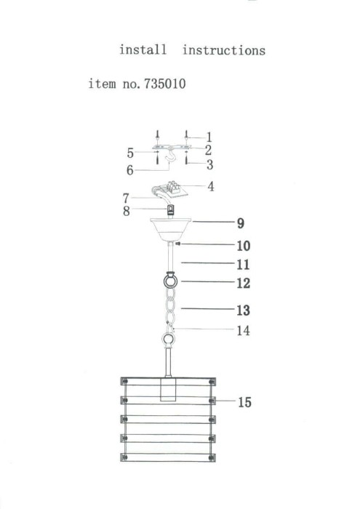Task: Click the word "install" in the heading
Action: pyautogui.click(x=143, y=50)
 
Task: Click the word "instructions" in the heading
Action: pyautogui.click(x=223, y=50)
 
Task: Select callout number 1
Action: pyautogui.click(x=209, y=137)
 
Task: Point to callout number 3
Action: pyautogui.click(x=209, y=165)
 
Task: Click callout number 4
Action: pyautogui.click(x=211, y=186)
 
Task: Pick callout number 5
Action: pyautogui.click(x=130, y=153)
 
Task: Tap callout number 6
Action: pyautogui.click(x=129, y=171)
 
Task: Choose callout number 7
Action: pyautogui.click(x=127, y=197)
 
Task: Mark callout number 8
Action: pyautogui.click(x=127, y=212)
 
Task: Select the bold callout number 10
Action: pyautogui.click(x=243, y=246)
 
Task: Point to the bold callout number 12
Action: pyautogui.click(x=243, y=282)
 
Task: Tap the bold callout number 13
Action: pyautogui.click(x=243, y=310)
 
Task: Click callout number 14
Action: pyautogui.click(x=243, y=331)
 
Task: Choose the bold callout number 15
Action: pyautogui.click(x=244, y=401)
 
